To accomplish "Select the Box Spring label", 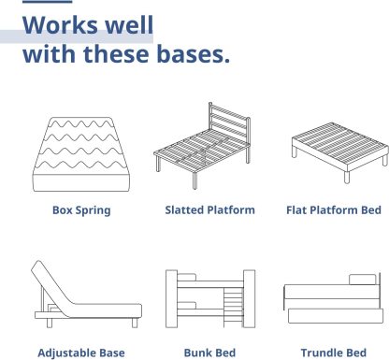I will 80,210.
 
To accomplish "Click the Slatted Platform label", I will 209,210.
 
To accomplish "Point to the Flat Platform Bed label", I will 333,210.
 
